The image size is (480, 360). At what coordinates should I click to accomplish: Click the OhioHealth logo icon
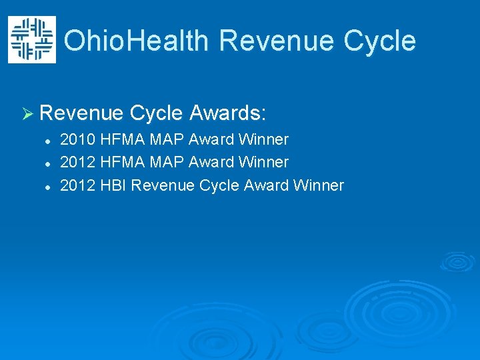point(31,40)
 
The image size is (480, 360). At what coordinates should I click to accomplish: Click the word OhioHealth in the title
point(137,41)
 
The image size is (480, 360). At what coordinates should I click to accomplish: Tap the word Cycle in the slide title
point(380,41)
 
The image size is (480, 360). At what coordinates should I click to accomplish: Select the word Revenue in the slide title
point(277,41)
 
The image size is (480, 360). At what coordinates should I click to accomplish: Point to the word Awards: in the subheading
point(228,113)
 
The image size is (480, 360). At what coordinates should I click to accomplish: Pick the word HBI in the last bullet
point(113,185)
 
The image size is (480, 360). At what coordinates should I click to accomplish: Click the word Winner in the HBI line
point(318,185)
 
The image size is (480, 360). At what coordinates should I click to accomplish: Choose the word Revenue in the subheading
point(81,113)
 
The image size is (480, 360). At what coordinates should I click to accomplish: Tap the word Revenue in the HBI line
point(163,185)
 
